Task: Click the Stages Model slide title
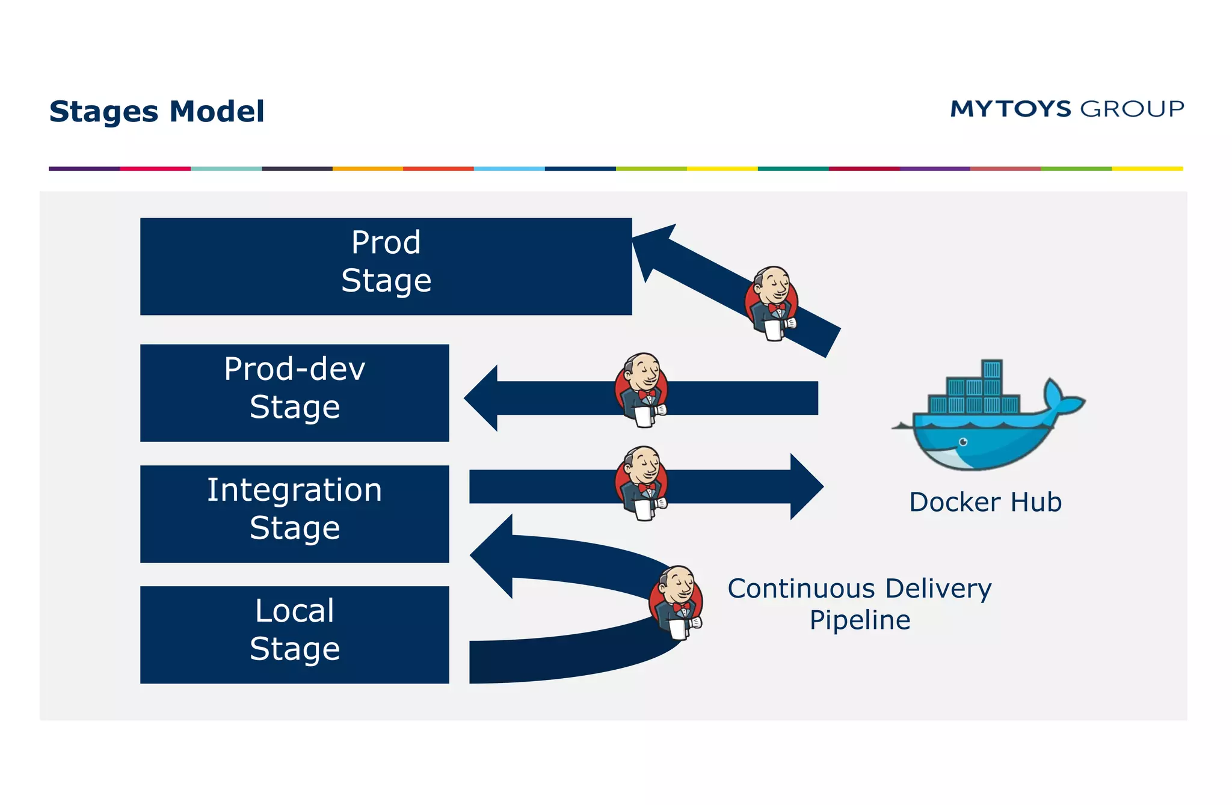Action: (156, 112)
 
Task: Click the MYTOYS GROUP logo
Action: (1067, 109)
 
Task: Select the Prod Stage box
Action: (386, 266)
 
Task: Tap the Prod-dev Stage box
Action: (294, 393)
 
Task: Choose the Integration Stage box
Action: (294, 513)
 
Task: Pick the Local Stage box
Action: (294, 634)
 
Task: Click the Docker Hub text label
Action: (985, 502)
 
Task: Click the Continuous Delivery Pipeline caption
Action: (859, 604)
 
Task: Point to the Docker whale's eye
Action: (963, 442)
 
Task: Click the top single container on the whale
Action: (991, 369)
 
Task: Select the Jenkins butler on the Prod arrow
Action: (772, 304)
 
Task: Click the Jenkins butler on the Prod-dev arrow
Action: (642, 390)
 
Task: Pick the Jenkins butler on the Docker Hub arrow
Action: (642, 483)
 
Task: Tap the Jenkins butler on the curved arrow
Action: (676, 602)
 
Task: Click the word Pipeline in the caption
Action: (859, 620)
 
